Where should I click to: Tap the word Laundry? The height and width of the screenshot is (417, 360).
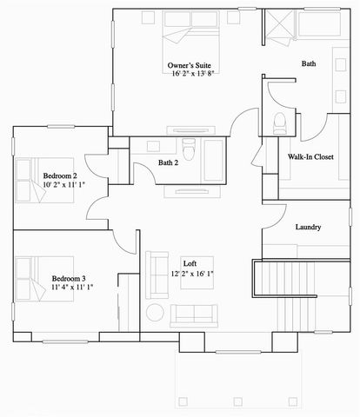click(308, 228)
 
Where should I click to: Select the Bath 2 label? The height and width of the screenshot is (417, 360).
click(170, 162)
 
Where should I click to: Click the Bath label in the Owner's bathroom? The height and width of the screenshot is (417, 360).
click(309, 64)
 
